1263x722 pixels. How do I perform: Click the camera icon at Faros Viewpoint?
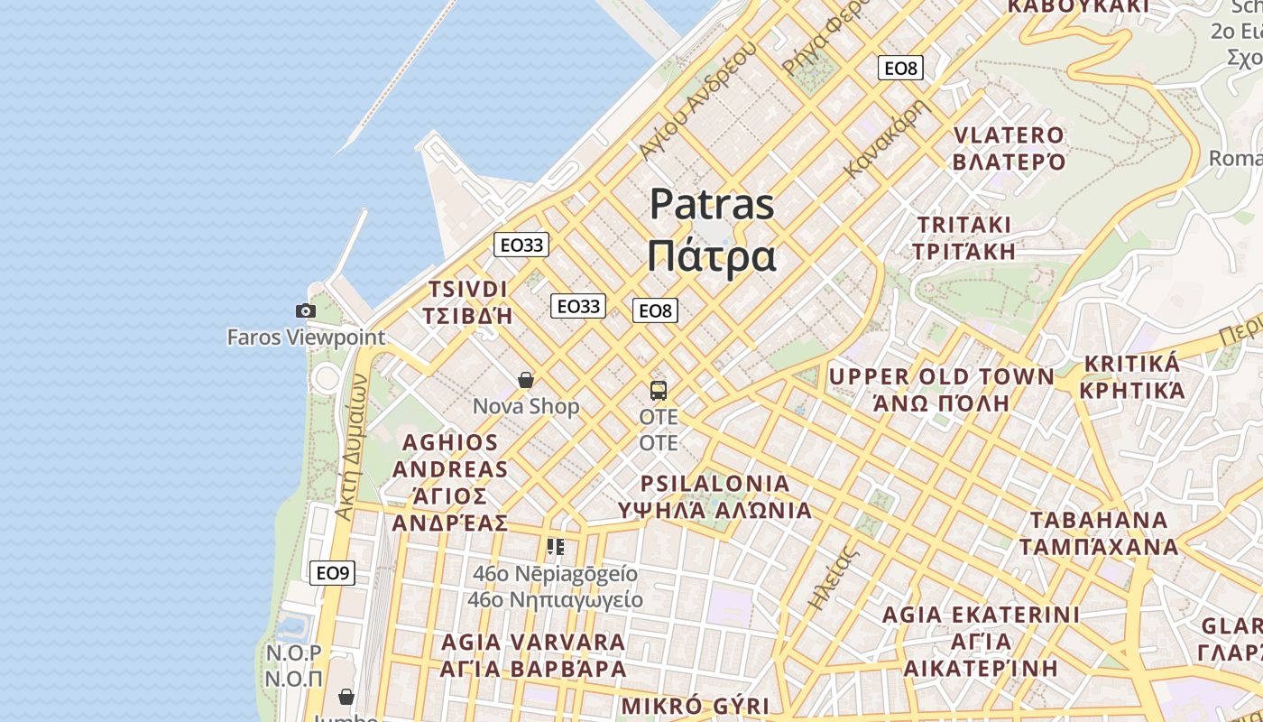click(306, 311)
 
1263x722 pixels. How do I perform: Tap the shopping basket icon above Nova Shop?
click(526, 380)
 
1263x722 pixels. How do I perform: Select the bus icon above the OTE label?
click(659, 391)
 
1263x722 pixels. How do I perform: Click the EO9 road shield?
click(332, 572)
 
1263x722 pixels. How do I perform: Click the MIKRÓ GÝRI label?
click(696, 706)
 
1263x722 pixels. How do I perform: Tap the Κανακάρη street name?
click(888, 137)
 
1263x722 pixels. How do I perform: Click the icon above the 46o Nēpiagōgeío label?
click(556, 546)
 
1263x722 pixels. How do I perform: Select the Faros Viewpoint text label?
click(306, 338)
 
